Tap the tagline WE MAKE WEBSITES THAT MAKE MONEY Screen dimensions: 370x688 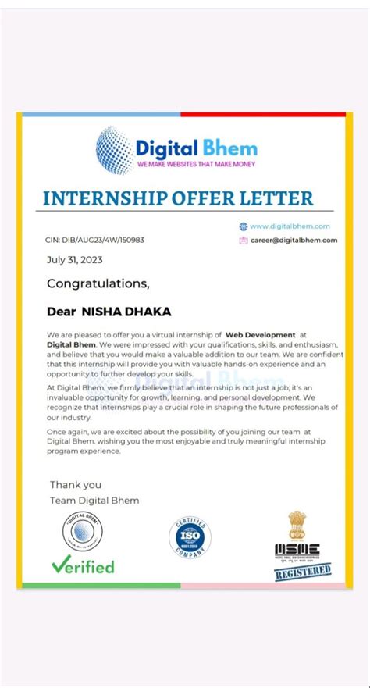[196, 165]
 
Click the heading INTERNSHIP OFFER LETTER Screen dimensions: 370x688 [178, 198]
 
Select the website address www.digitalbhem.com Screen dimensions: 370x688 [290, 226]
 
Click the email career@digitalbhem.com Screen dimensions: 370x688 [294, 240]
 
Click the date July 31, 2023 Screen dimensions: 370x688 [74, 260]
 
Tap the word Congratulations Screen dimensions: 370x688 [98, 283]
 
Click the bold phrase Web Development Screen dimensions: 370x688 [261, 334]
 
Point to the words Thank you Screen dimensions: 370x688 [76, 485]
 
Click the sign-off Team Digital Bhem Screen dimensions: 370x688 [94, 500]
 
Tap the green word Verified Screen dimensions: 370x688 [83, 566]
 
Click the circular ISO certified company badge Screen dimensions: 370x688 [190, 537]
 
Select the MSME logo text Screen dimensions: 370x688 [297, 550]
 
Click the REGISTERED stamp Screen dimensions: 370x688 [297, 573]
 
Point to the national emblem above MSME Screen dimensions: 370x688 [297, 524]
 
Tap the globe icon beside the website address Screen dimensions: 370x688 [243, 226]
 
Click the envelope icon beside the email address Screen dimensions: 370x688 [243, 240]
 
